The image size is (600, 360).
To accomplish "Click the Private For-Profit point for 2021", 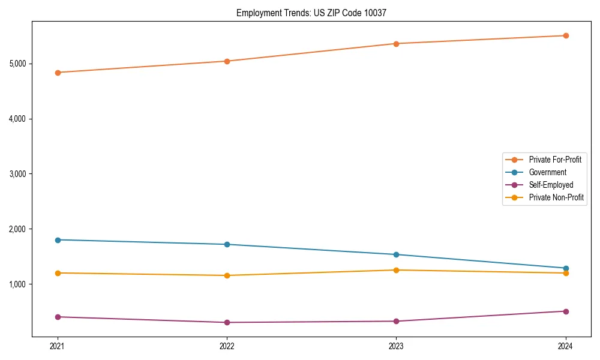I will pos(58,73).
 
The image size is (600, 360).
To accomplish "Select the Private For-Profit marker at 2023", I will pos(397,43).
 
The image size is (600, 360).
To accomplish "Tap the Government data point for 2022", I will pos(227,244).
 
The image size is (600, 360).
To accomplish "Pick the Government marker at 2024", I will pos(566,268).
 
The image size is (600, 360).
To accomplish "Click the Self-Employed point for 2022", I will pos(227,322).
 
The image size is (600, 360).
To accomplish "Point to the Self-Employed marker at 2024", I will pos(566,311).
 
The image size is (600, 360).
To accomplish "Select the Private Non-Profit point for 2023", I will pos(397,270).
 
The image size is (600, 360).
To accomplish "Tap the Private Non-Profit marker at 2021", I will pos(58,273).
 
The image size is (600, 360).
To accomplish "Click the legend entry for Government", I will pos(547,172).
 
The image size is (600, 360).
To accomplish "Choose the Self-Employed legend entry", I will pos(551,185).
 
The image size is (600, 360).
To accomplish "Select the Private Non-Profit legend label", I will pos(556,197).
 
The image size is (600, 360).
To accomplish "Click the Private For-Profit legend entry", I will pos(554,160).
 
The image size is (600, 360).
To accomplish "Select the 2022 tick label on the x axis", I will pos(227,346).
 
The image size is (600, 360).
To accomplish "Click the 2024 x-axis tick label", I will pos(566,346).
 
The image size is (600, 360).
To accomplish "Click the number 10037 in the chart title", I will pos(383,13).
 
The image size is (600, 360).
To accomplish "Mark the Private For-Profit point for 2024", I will pos(566,35).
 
